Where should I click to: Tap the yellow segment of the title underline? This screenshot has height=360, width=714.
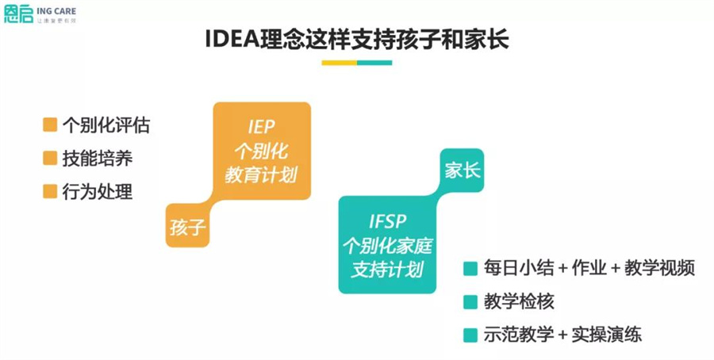(339, 63)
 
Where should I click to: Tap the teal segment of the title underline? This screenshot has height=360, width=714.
(374, 63)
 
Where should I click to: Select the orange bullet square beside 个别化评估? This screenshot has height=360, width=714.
(50, 125)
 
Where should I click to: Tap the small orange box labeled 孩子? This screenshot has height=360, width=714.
(188, 226)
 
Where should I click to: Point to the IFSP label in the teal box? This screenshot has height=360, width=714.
(388, 219)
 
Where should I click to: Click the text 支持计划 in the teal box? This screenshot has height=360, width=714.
(388, 268)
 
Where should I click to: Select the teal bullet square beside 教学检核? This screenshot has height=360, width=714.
(470, 301)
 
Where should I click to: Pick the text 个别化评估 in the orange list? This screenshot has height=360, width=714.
(106, 125)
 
